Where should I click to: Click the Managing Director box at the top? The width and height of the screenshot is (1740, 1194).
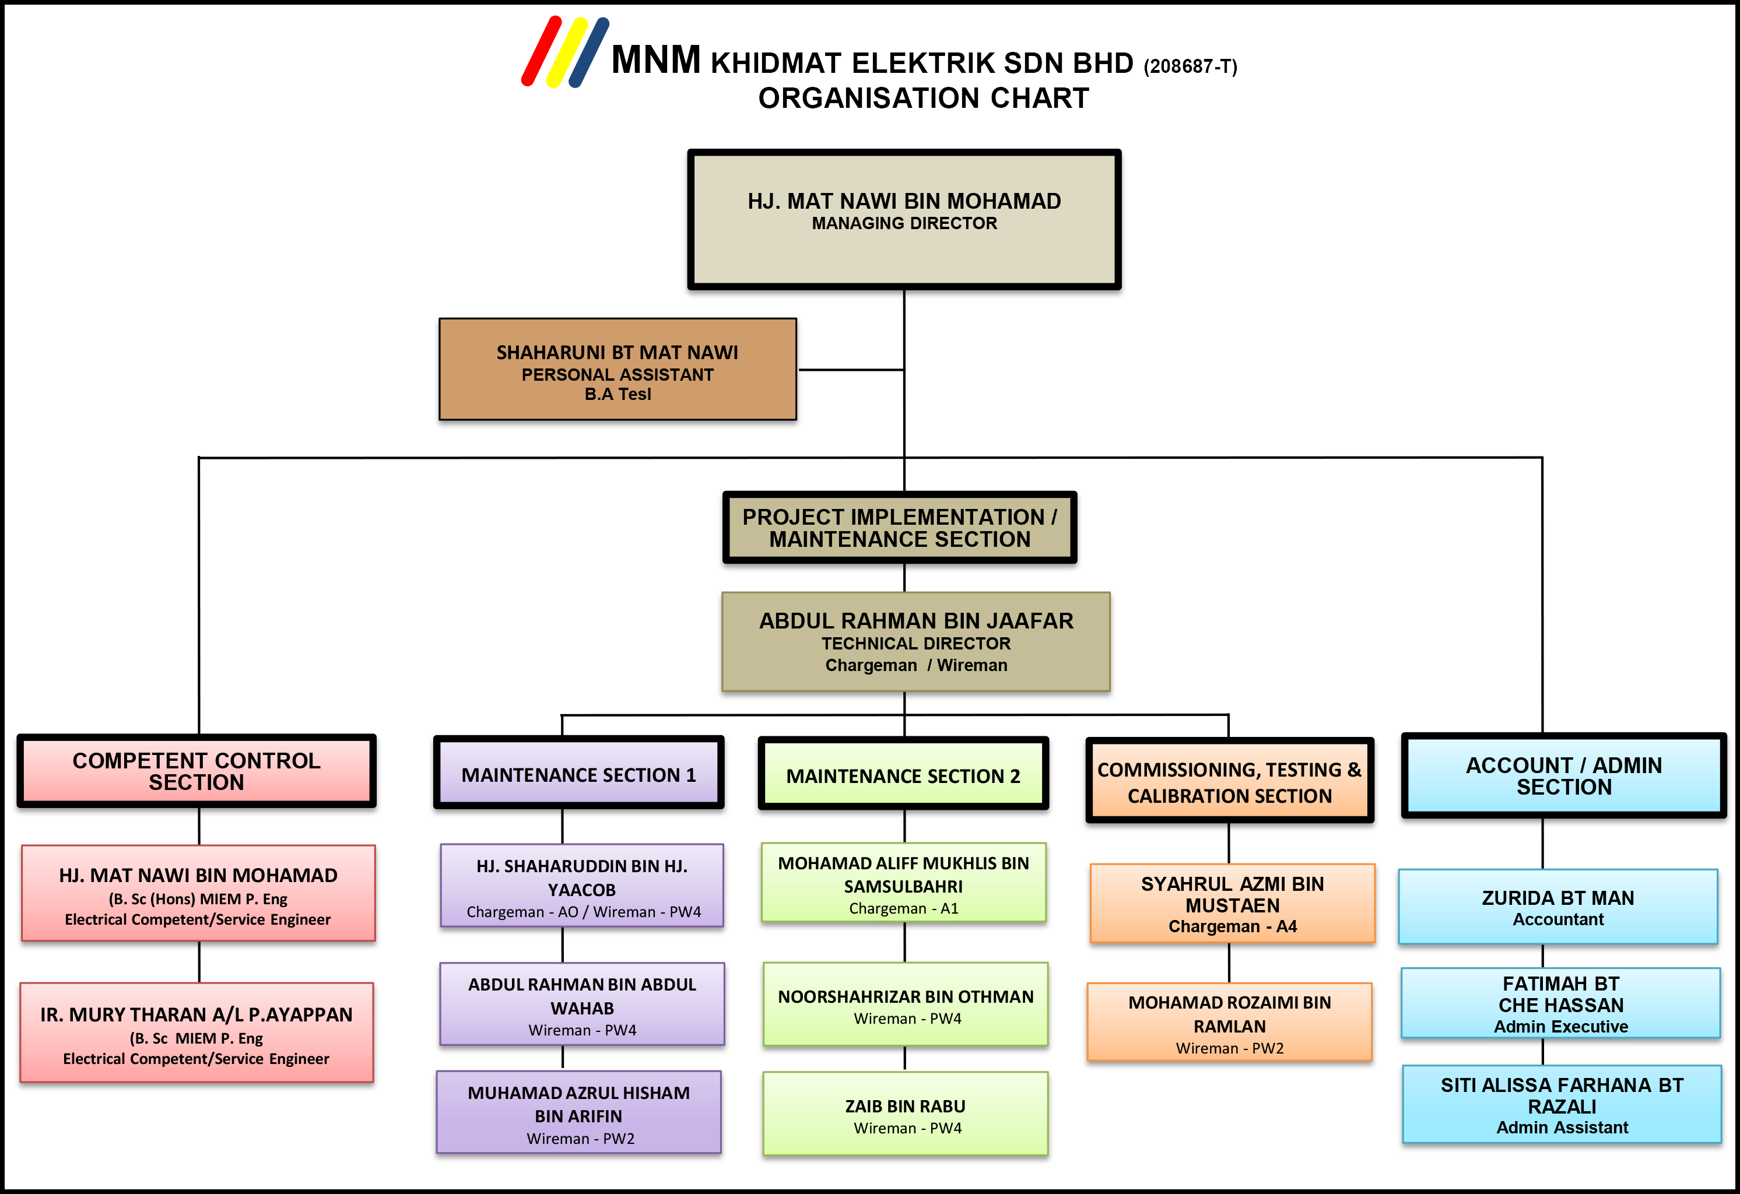(x=904, y=219)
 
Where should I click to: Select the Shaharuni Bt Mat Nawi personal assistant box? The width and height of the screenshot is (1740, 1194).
(x=617, y=369)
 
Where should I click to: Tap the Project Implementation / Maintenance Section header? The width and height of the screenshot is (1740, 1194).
(x=899, y=528)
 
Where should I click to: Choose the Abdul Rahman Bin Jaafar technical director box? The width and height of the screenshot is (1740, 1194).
(x=915, y=641)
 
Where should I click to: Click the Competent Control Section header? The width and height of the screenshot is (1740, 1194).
(x=196, y=771)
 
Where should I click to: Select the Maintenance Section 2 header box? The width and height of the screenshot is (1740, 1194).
(x=903, y=773)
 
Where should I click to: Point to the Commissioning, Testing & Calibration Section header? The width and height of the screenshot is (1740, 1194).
(x=1229, y=780)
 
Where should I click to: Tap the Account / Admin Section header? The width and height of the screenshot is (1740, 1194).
(x=1563, y=775)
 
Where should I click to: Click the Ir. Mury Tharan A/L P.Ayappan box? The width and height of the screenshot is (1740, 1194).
(x=196, y=1033)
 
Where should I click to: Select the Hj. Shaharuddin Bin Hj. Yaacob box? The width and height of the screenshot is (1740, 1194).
(x=582, y=886)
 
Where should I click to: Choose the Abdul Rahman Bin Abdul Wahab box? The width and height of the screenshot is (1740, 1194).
(x=582, y=1004)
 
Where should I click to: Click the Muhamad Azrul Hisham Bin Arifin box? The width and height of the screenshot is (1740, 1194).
(x=579, y=1112)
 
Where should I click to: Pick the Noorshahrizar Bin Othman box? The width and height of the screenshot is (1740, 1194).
(x=905, y=1004)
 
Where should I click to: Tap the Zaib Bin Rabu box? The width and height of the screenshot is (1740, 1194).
(x=905, y=1114)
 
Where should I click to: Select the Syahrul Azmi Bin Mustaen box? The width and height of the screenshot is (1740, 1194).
(x=1232, y=903)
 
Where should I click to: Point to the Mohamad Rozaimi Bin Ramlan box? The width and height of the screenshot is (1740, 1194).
(x=1229, y=1022)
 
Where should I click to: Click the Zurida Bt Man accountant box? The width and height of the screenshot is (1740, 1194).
(x=1558, y=907)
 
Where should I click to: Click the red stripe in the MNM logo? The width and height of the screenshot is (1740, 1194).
(x=541, y=51)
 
